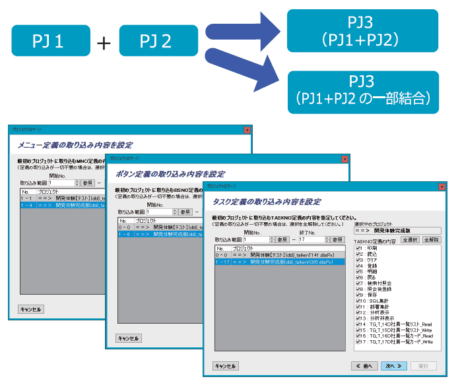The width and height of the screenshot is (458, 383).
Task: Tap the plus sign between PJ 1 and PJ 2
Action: coord(104,43)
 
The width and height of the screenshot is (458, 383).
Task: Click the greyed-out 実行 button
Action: coord(423,366)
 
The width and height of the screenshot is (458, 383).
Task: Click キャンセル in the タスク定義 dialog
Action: coord(226,366)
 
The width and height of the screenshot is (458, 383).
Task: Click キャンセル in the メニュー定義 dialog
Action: coord(31,309)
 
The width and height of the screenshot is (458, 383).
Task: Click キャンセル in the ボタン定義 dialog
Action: coord(128,338)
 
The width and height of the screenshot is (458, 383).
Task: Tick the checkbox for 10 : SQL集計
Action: coord(358,300)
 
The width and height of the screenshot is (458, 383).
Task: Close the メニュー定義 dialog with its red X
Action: coord(247,131)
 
